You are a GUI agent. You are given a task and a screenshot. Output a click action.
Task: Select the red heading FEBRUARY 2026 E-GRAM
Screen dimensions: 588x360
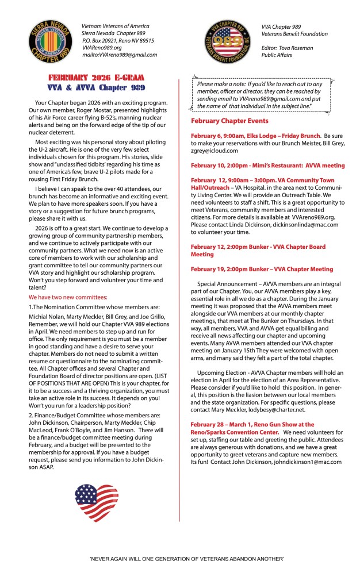pyautogui.click(x=96, y=78)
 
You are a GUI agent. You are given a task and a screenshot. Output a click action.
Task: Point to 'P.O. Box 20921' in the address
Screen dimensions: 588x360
pyautogui.click(x=101, y=41)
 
